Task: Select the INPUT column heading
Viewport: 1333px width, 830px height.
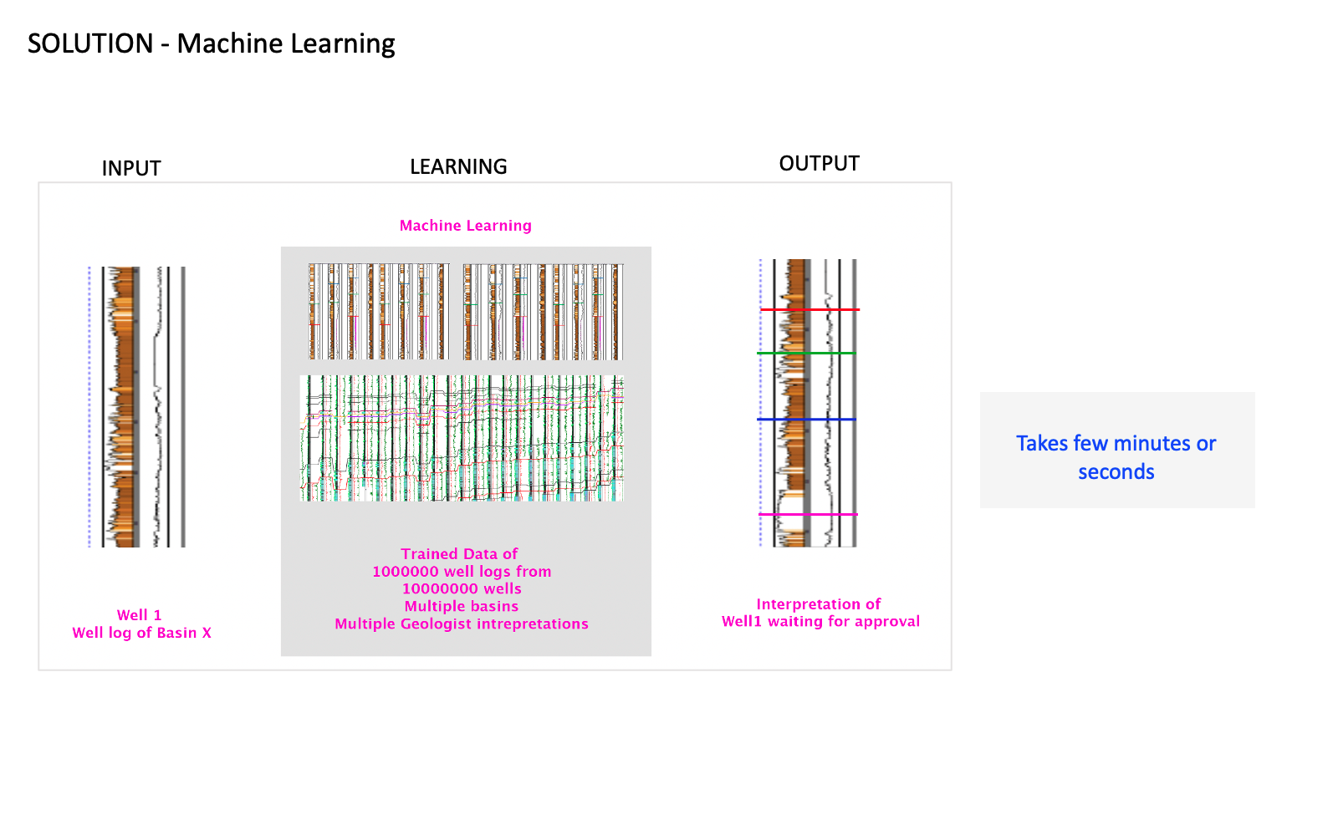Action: click(x=131, y=168)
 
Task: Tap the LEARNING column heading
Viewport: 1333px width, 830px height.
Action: click(x=458, y=166)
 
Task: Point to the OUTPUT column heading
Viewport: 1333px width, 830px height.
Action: click(x=819, y=163)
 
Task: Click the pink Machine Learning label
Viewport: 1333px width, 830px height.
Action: click(x=465, y=226)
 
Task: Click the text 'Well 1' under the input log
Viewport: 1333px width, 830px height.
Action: click(x=139, y=615)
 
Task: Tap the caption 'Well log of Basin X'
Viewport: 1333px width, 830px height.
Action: click(x=141, y=633)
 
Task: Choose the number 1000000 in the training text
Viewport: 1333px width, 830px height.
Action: click(x=405, y=572)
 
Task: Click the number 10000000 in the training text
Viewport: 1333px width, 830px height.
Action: click(x=440, y=588)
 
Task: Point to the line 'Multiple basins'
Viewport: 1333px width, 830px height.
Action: click(x=461, y=606)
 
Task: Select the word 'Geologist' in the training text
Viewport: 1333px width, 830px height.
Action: click(x=436, y=624)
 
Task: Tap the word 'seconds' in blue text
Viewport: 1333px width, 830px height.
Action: click(x=1116, y=472)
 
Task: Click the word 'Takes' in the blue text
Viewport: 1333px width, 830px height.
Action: click(x=1042, y=443)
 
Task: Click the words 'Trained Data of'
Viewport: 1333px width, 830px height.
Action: click(x=459, y=554)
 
